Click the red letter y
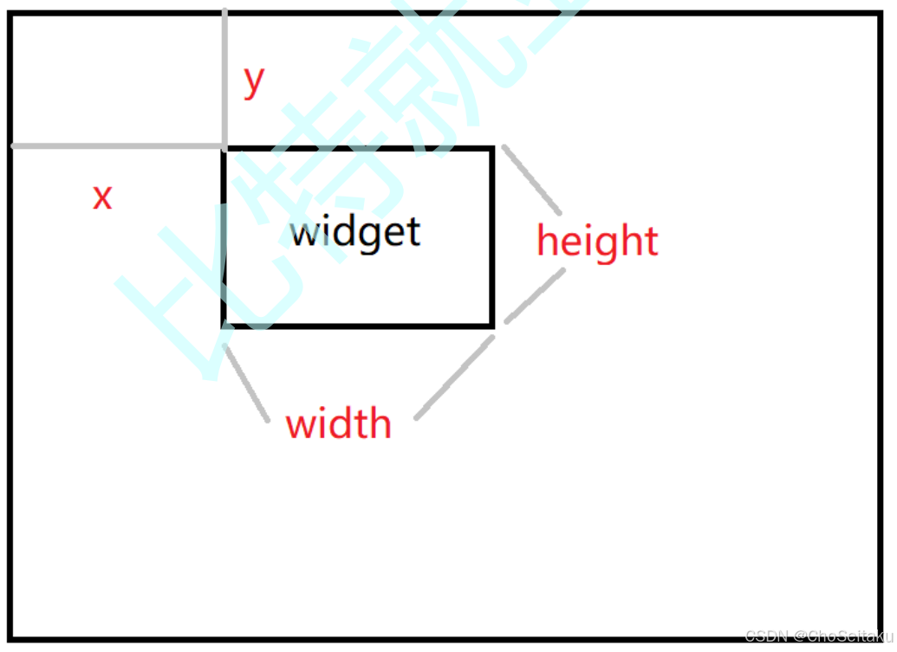click(253, 81)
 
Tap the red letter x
click(102, 197)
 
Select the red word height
click(597, 240)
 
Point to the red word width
click(338, 423)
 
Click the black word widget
click(355, 232)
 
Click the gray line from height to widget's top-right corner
click(532, 179)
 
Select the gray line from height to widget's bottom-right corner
click(535, 295)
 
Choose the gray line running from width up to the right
click(455, 377)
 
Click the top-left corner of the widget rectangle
click(225, 149)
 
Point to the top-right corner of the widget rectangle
click(492, 149)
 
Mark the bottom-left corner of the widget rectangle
click(225, 325)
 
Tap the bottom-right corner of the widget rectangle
click(492, 325)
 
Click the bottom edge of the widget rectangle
click(359, 325)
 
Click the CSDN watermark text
click(818, 636)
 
